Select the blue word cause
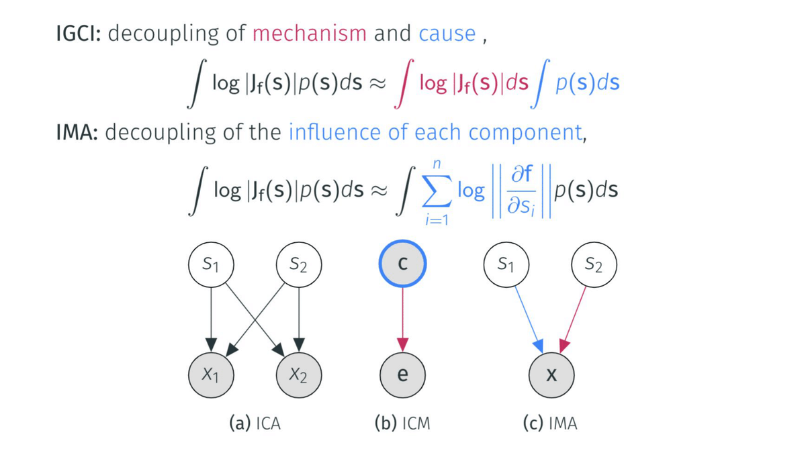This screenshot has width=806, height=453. (x=447, y=34)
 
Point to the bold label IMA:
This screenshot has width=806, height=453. (x=77, y=132)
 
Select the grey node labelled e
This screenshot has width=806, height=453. (x=402, y=374)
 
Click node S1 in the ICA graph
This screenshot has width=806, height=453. (x=212, y=264)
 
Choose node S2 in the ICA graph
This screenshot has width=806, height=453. (x=300, y=264)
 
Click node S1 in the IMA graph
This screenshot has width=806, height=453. (x=507, y=264)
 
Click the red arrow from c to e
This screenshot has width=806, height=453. (x=402, y=315)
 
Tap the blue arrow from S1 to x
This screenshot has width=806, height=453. (x=528, y=315)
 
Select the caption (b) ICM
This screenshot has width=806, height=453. (x=402, y=423)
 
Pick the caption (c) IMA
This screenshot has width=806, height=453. (x=550, y=423)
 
